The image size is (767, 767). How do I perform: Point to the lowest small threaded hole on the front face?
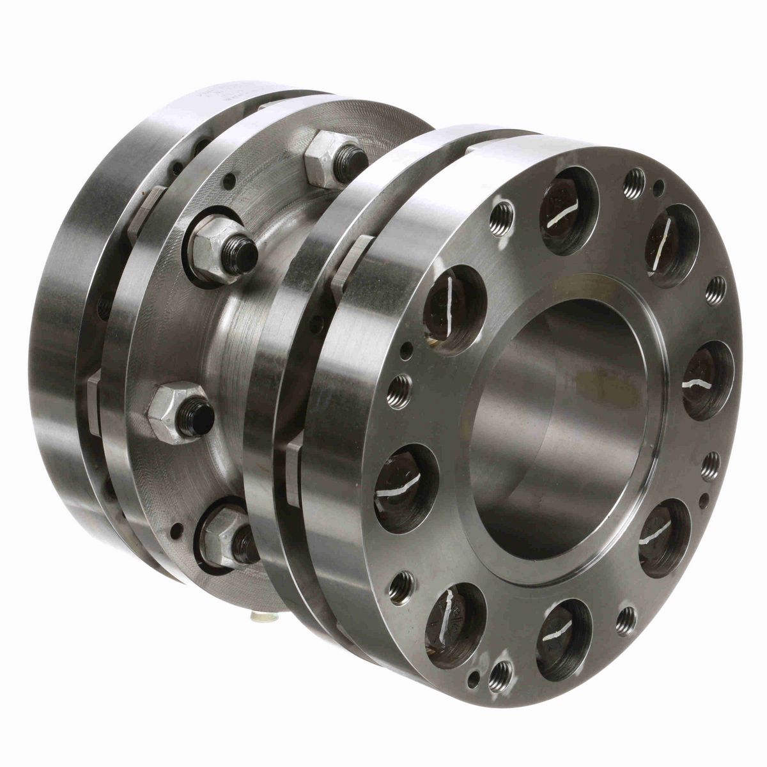pyautogui.click(x=502, y=672)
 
